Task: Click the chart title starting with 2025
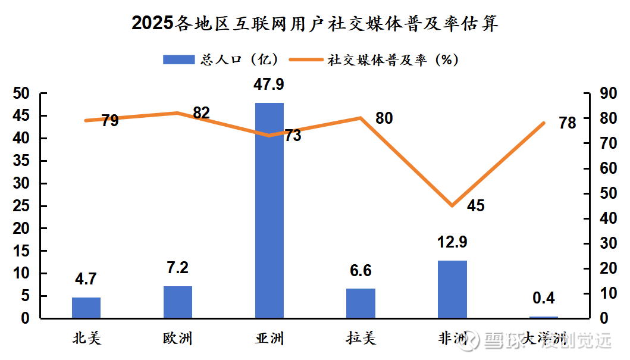point(315,23)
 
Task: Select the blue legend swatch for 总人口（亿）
point(178,60)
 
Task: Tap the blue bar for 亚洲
point(269,211)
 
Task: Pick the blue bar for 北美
point(86,308)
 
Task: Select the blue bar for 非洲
point(452,289)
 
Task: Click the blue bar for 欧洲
point(178,302)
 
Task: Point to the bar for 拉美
point(361,303)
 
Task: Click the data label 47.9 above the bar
point(269,84)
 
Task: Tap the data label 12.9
point(452,242)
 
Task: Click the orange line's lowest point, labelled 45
point(452,206)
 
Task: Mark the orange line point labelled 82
point(178,113)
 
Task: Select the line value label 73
point(292,136)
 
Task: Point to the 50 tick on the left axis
point(21,93)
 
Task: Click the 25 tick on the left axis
point(21,206)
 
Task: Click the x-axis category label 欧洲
point(178,339)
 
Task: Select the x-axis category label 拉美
point(361,339)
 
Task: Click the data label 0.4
point(543,298)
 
